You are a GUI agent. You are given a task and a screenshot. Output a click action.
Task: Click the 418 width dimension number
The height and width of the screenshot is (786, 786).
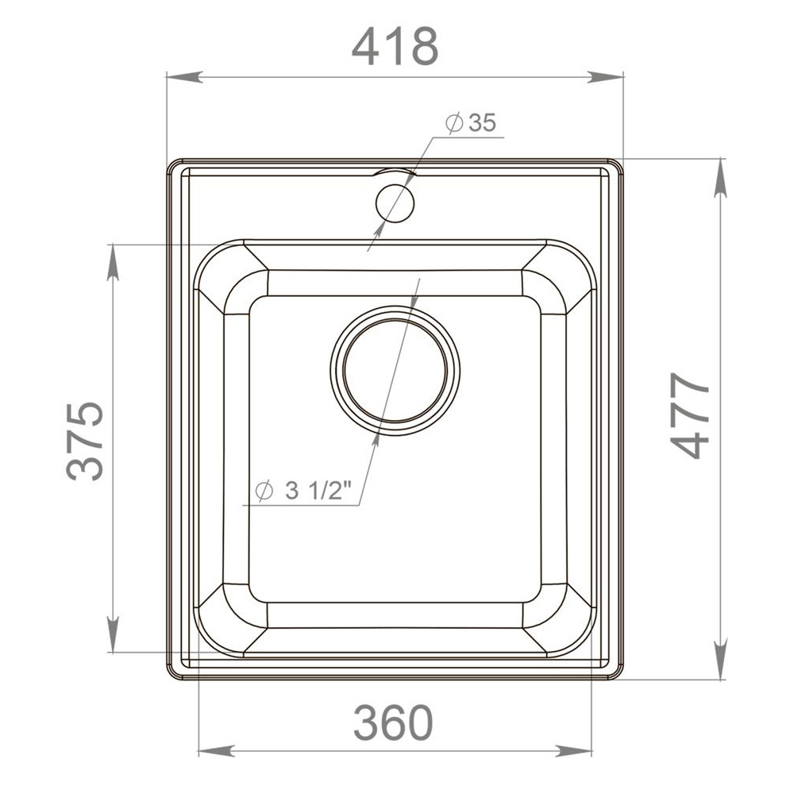tap(395, 46)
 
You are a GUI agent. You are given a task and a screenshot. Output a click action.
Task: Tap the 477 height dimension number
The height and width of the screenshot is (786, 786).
tap(690, 415)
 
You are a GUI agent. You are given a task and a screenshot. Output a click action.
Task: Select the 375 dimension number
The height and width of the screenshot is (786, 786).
tap(86, 441)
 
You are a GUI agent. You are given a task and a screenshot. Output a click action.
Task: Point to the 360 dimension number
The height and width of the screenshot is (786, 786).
tap(393, 722)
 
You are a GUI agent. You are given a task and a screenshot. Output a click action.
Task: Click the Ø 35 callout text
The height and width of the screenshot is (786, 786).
tap(471, 123)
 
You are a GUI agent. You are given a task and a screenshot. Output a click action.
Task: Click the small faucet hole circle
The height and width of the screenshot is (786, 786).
tap(395, 203)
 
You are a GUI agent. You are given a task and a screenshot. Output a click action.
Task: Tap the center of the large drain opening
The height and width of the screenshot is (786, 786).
tap(395, 369)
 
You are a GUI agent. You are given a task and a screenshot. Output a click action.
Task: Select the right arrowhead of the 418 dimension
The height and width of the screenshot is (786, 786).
tap(606, 77)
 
